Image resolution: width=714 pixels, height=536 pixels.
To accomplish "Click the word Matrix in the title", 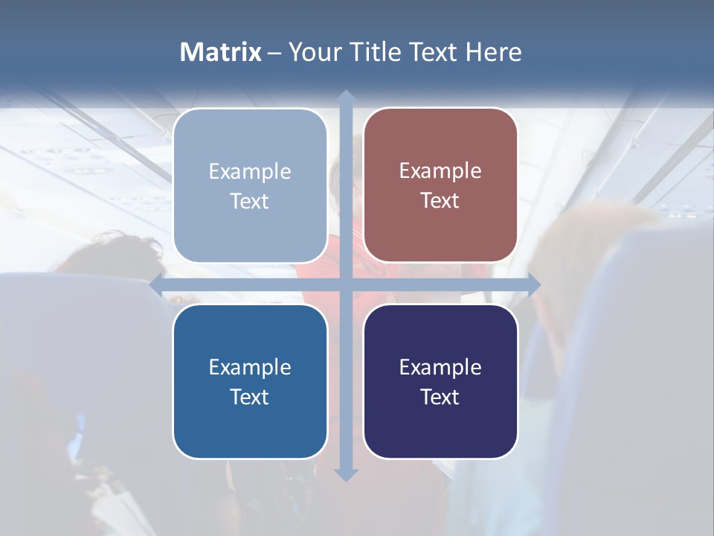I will point(220,52).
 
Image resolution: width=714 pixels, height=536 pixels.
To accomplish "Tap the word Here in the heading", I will point(493,52).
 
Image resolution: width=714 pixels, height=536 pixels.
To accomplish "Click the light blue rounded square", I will point(250,185).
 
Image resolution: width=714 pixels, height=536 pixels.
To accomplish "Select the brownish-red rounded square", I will point(440,185).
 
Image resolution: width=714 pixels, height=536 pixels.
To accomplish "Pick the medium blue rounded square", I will point(250,381).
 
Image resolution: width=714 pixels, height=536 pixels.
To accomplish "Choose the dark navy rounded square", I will point(440,381).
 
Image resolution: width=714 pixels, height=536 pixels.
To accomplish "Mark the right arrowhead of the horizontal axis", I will point(534,285).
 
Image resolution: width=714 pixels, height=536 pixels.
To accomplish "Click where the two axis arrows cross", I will point(345,285).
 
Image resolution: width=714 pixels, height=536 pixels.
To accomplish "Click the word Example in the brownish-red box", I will point(440,171).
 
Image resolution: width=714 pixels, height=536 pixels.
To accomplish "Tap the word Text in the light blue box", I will point(250,202).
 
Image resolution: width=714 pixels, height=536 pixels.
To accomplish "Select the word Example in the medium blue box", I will point(250,367).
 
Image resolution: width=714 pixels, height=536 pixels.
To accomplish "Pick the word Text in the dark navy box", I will point(440,398).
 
